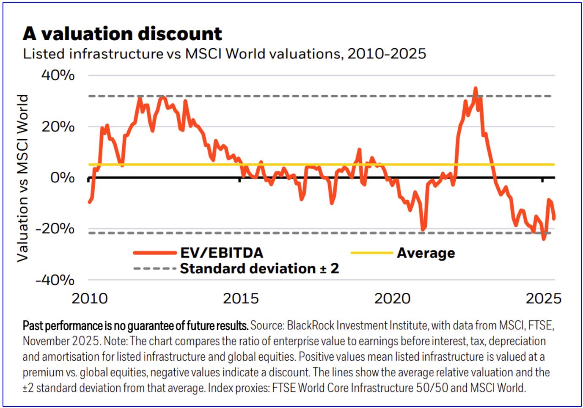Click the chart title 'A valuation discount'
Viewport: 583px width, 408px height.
[122, 33]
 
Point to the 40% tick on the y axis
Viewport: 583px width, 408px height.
[58, 75]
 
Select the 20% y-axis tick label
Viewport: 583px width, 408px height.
[58, 127]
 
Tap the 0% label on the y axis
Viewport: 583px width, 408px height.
[62, 177]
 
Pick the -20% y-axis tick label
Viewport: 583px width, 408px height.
[55, 229]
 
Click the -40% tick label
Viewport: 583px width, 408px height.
[55, 280]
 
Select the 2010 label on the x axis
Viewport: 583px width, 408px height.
[90, 298]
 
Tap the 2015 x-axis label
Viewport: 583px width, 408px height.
[241, 298]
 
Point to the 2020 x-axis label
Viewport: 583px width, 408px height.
[392, 298]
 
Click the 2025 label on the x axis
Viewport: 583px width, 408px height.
[543, 298]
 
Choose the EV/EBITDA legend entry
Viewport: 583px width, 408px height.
[222, 253]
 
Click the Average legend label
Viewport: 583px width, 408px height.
[426, 253]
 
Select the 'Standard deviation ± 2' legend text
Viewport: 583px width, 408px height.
[259, 268]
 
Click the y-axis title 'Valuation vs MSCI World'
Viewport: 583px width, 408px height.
[22, 178]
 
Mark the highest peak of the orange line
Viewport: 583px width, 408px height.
[476, 88]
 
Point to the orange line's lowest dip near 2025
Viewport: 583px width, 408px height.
[544, 239]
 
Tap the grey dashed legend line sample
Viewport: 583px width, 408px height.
[154, 269]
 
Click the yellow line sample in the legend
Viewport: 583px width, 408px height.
[372, 253]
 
